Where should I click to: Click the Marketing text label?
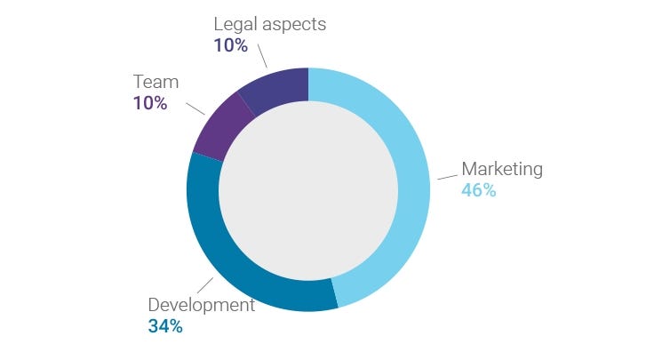pyautogui.click(x=502, y=169)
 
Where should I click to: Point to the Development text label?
pyautogui.click(x=202, y=305)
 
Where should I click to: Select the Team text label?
pyautogui.click(x=156, y=82)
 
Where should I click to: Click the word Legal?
pyautogui.click(x=235, y=25)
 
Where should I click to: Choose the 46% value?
pyautogui.click(x=479, y=190)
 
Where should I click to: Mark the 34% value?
pyautogui.click(x=165, y=326)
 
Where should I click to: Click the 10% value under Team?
pyautogui.click(x=150, y=103)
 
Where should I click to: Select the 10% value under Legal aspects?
pyautogui.click(x=230, y=45)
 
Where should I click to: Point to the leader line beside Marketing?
pyautogui.click(x=447, y=177)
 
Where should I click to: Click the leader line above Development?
pyautogui.click(x=205, y=285)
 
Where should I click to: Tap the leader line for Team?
pyautogui.click(x=195, y=108)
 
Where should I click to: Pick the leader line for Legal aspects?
pyautogui.click(x=262, y=55)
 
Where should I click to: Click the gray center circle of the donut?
pyautogui.click(x=308, y=190)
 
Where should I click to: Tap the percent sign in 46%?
pyautogui.click(x=490, y=190)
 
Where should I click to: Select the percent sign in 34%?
pyautogui.click(x=176, y=326)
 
